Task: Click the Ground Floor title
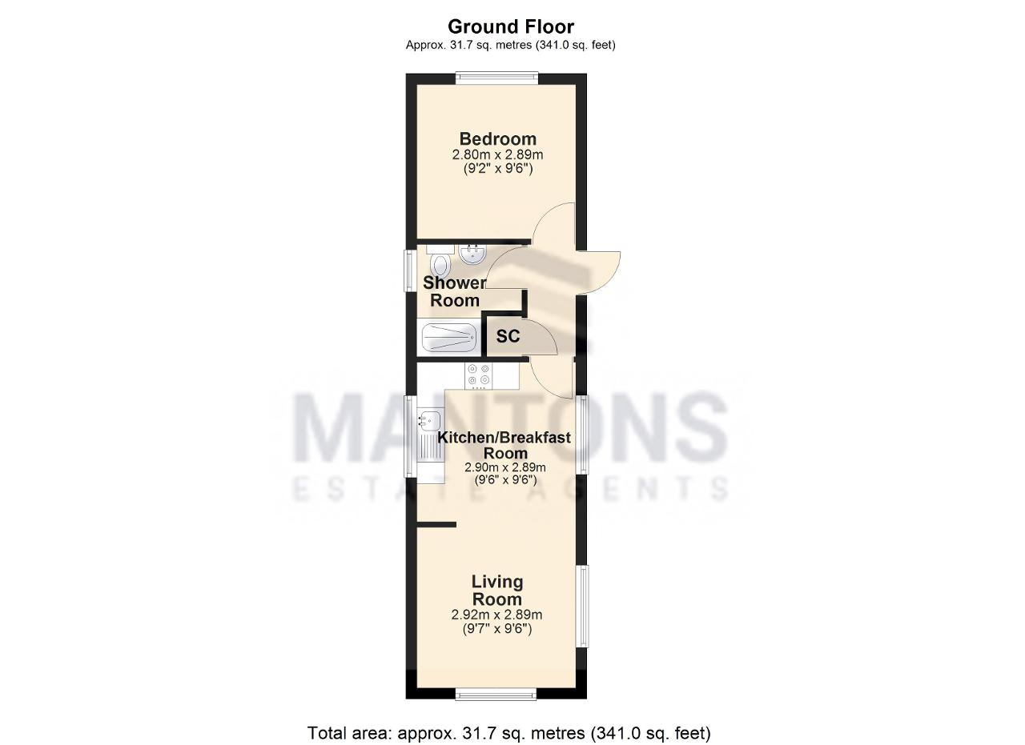click(511, 27)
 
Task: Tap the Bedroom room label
click(498, 138)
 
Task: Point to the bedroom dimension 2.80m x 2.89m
click(498, 154)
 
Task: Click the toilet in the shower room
click(440, 261)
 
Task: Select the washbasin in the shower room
click(472, 254)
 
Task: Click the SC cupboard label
click(508, 336)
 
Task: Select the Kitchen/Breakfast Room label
click(504, 445)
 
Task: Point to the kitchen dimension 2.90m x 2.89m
click(504, 467)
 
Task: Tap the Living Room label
click(497, 590)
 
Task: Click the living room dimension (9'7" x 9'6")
click(497, 629)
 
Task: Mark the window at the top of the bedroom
click(497, 78)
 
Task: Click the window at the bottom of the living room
click(496, 695)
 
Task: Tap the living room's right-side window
click(582, 606)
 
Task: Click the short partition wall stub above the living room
click(436, 525)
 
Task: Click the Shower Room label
click(454, 291)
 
